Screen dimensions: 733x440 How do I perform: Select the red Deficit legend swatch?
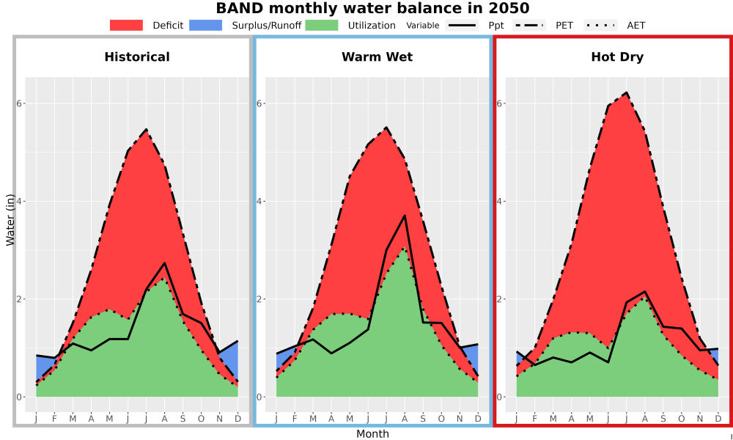point(126,25)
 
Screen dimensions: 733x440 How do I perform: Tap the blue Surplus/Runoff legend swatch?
point(206,25)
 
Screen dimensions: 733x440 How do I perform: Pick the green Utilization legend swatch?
point(322,25)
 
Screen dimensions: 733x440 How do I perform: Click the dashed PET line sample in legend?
point(529,25)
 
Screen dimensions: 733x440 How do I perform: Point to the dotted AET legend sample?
point(601,25)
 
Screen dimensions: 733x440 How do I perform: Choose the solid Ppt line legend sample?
point(462,25)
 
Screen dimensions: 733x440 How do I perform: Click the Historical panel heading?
point(137,57)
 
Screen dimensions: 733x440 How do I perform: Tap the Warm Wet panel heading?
point(377,57)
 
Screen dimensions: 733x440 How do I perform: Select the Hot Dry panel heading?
point(617,57)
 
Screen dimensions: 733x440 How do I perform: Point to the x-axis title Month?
point(372,434)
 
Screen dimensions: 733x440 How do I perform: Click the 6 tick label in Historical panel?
point(20,103)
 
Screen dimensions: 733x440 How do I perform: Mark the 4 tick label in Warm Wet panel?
point(259,202)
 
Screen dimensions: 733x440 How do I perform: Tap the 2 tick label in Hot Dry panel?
point(499,299)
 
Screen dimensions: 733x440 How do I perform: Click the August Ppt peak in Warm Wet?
point(405,216)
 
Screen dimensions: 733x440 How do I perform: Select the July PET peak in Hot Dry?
point(626,93)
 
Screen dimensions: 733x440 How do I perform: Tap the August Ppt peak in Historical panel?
point(164,263)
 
